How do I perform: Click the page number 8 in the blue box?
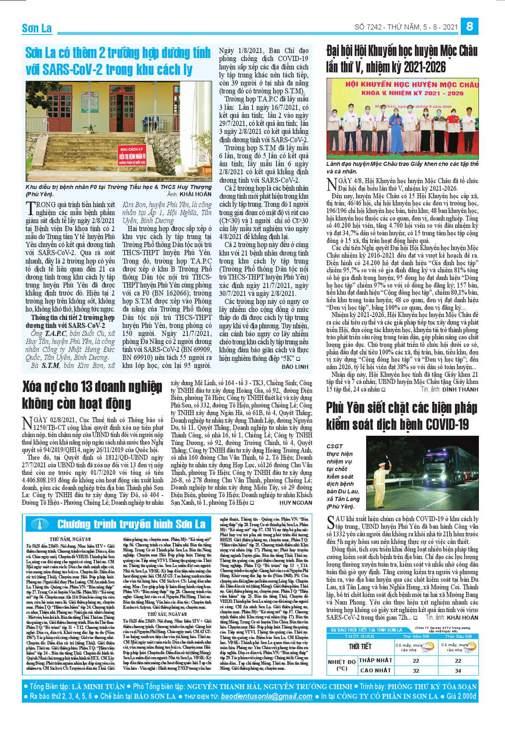click(469, 27)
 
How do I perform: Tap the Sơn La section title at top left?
click(37, 29)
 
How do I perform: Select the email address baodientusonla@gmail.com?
click(266, 696)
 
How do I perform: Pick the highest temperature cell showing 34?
click(458, 671)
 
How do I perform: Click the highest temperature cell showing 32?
click(416, 671)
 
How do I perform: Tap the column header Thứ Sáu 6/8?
click(458, 636)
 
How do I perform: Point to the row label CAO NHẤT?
click(375, 670)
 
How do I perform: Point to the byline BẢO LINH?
click(295, 367)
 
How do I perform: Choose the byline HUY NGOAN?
click(296, 503)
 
